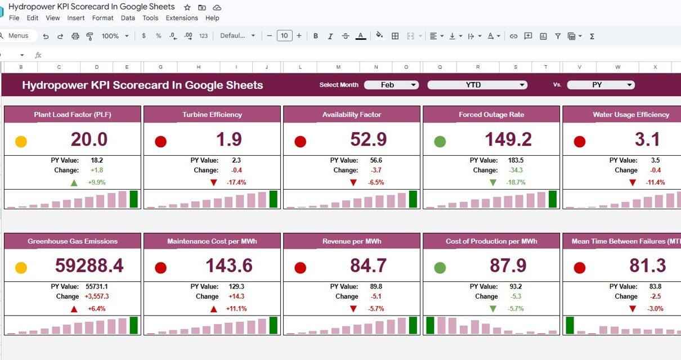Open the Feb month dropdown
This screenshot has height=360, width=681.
click(x=391, y=85)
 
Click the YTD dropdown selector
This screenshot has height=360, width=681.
click(x=477, y=85)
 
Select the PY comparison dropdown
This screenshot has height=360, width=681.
click(x=601, y=85)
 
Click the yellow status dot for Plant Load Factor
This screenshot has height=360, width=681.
click(x=21, y=142)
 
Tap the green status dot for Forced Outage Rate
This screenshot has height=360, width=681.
click(x=440, y=142)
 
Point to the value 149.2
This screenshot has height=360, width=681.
click(x=508, y=139)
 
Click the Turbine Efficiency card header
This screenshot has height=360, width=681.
click(x=212, y=115)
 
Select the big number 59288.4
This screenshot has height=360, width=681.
click(x=89, y=265)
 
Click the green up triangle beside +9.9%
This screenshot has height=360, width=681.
click(x=74, y=183)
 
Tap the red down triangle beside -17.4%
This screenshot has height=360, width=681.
click(x=214, y=183)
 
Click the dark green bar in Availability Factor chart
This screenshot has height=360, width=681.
click(x=413, y=199)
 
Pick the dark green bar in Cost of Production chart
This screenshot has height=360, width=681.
click(x=430, y=325)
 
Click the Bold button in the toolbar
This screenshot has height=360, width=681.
click(x=316, y=36)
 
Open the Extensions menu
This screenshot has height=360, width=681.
click(x=182, y=18)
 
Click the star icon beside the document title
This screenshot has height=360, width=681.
click(x=187, y=7)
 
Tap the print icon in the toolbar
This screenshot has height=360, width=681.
click(x=75, y=36)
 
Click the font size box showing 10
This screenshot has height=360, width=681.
click(x=285, y=36)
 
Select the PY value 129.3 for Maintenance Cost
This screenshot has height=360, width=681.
click(x=236, y=286)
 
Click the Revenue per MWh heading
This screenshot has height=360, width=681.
click(x=352, y=241)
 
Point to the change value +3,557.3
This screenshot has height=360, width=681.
click(x=97, y=296)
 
